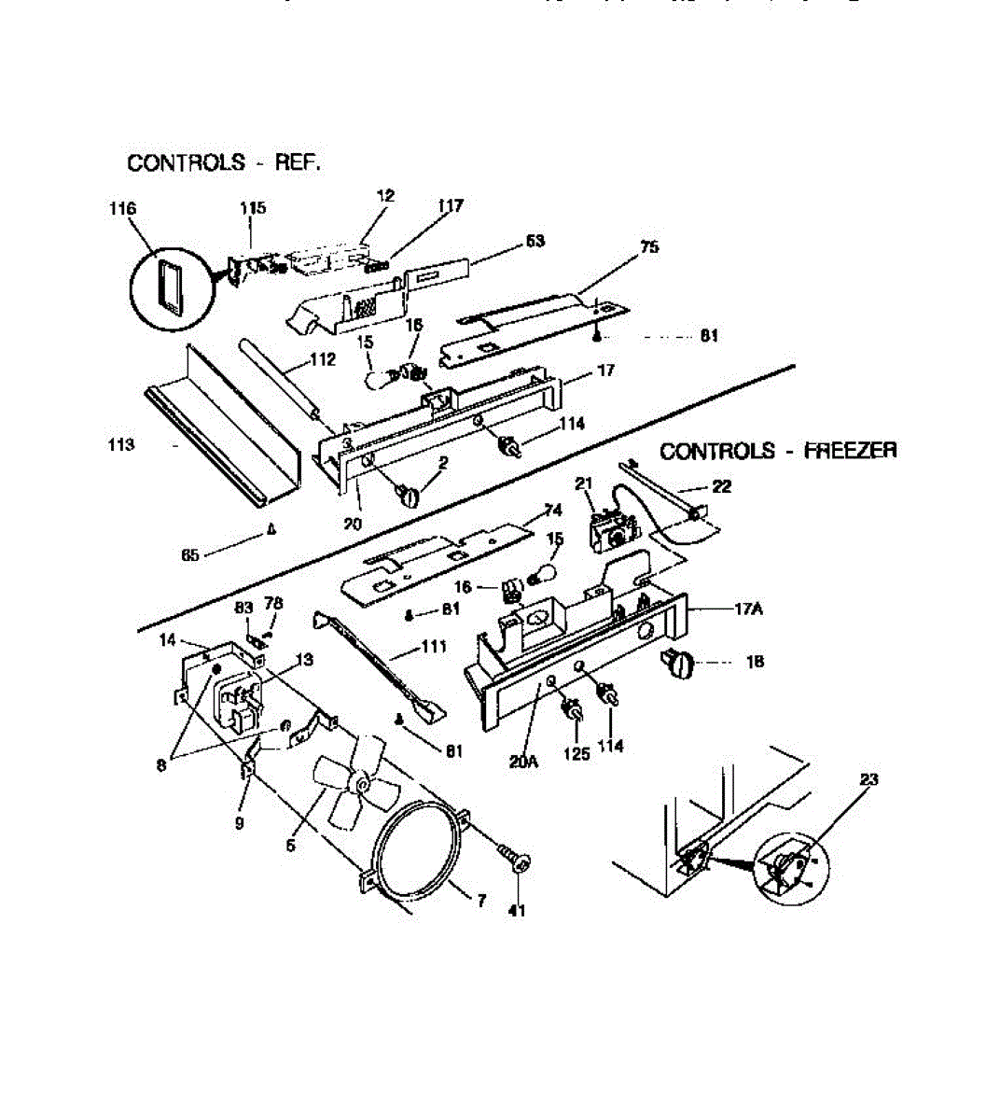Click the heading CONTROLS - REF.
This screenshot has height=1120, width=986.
(x=224, y=162)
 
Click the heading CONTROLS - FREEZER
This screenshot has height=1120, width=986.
(x=778, y=451)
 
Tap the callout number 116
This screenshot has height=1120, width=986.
(x=122, y=208)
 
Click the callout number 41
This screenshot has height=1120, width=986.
(x=517, y=910)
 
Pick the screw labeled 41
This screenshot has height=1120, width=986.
(x=514, y=857)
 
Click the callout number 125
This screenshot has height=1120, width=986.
(x=577, y=753)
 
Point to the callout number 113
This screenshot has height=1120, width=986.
(x=121, y=444)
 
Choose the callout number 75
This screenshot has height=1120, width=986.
(x=649, y=246)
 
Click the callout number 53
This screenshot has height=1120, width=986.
(x=535, y=241)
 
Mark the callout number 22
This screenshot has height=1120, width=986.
(x=721, y=485)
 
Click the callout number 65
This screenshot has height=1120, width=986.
(x=190, y=554)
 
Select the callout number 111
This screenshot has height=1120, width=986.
(x=434, y=646)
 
